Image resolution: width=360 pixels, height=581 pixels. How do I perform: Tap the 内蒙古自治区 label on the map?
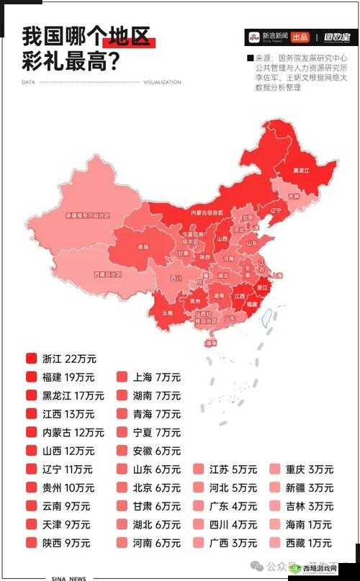coord(207,212)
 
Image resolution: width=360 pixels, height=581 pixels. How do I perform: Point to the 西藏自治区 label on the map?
coord(107,274)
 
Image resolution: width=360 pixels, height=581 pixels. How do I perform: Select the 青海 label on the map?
coord(143,247)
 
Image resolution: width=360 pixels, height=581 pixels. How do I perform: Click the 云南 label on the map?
coord(168,313)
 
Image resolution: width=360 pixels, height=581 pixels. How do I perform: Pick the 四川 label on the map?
coord(176,278)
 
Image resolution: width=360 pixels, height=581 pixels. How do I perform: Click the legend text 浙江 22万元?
coord(69,359)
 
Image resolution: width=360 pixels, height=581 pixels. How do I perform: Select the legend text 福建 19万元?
coord(69,377)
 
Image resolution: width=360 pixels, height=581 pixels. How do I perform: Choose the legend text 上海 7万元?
coord(156,377)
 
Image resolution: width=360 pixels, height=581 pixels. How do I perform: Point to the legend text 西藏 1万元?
coord(309,543)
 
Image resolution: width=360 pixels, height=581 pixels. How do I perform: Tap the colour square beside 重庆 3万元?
coord(274,469)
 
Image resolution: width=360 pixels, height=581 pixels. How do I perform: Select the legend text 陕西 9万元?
coord(66,543)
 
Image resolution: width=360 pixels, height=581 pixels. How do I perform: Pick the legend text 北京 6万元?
coord(156,487)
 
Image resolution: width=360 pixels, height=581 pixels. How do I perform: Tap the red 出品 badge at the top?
coord(301,37)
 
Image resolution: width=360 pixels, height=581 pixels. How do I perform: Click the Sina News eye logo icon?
coord(253,37)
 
